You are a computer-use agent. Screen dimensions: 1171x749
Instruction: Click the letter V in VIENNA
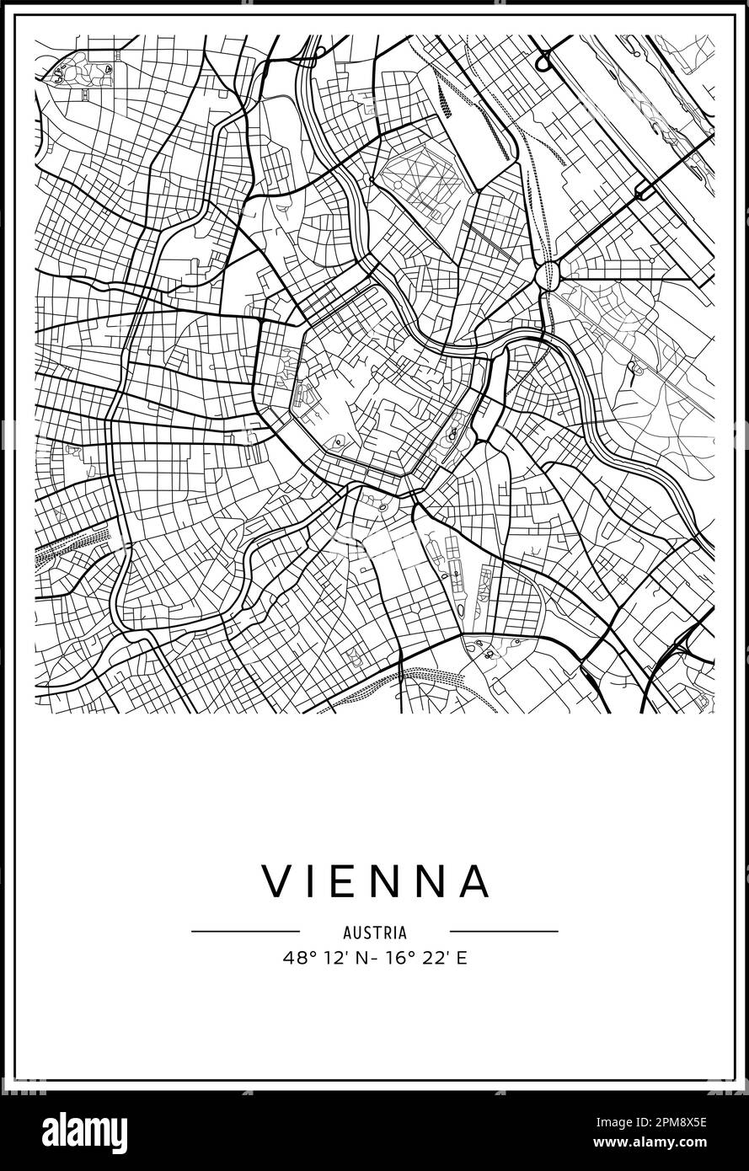click(x=276, y=881)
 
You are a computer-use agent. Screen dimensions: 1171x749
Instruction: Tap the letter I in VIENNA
click(x=311, y=881)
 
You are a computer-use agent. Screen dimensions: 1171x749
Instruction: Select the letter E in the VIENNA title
click(x=344, y=881)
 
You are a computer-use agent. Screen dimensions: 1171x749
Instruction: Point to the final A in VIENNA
click(x=475, y=881)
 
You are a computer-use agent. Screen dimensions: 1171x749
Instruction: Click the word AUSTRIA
click(x=375, y=933)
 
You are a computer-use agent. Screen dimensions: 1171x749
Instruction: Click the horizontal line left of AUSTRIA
click(x=245, y=932)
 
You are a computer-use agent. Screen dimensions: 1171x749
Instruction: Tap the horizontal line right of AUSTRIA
click(x=504, y=932)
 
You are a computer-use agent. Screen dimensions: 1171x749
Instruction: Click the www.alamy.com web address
click(x=674, y=1142)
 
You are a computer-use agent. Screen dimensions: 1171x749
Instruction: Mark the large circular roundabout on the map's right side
click(x=548, y=275)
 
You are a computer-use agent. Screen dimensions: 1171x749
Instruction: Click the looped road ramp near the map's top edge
click(x=544, y=61)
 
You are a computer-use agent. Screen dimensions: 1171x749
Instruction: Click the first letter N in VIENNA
click(x=384, y=881)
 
